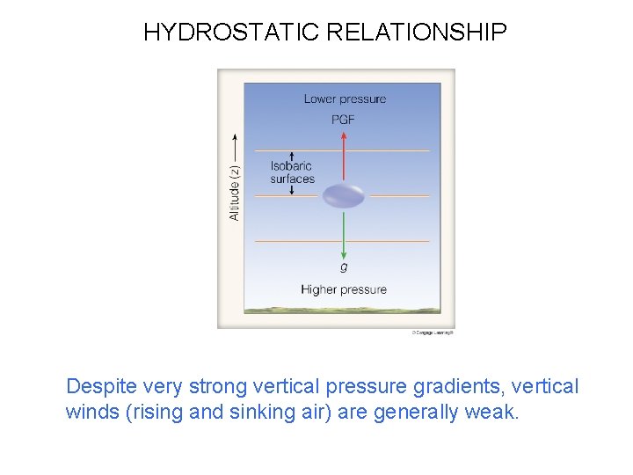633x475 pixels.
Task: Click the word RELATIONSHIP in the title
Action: (x=417, y=33)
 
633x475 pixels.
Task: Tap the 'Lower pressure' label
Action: (x=345, y=99)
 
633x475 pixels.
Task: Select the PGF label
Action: (x=344, y=120)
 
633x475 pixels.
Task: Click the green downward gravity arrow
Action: (x=344, y=233)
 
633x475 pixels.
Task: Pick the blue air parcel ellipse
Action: (x=343, y=195)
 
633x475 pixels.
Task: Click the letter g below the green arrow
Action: (x=344, y=267)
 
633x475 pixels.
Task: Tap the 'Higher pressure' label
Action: (x=344, y=289)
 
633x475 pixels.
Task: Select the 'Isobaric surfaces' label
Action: (x=292, y=172)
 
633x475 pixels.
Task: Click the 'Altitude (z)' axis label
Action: (x=235, y=194)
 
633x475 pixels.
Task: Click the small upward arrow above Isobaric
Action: (x=291, y=156)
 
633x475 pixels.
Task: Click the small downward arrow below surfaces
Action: (x=291, y=189)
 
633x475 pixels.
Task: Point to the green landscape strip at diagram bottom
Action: (x=342, y=310)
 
